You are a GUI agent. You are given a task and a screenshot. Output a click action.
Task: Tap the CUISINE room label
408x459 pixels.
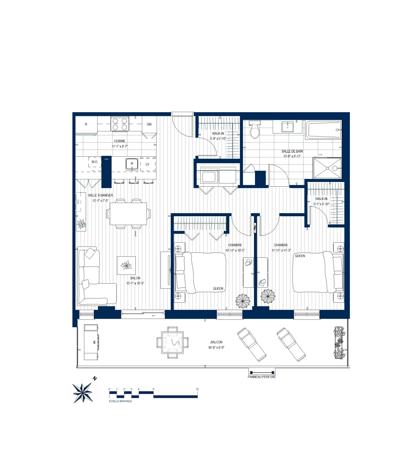[x=120, y=141]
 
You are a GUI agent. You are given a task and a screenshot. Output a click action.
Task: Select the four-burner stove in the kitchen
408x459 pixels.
[x=120, y=124]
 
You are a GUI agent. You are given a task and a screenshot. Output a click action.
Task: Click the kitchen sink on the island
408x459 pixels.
[x=132, y=164]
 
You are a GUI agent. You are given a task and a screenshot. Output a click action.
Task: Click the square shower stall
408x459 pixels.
[x=327, y=168]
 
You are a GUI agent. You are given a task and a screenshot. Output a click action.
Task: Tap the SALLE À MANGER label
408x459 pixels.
[x=100, y=195]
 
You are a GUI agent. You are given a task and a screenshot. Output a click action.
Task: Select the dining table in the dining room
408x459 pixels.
[x=128, y=214]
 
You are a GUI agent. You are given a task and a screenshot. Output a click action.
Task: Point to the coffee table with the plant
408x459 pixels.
[x=126, y=265]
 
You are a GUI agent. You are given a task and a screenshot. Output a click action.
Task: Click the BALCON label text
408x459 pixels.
[x=216, y=342]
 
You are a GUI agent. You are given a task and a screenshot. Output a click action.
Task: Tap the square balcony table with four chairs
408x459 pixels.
[x=172, y=342]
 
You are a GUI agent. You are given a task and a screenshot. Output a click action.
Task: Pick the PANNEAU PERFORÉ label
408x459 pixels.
[x=262, y=377]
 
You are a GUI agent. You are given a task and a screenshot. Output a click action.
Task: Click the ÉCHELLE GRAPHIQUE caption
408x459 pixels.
[x=120, y=401]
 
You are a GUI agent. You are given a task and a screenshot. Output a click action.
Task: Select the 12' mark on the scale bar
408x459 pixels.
[x=197, y=390]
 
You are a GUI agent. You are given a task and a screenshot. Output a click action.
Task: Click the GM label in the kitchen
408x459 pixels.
[x=149, y=124]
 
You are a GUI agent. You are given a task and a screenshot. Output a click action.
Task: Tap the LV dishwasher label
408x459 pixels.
[x=148, y=164]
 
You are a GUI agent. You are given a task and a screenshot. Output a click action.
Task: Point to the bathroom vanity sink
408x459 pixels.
[x=288, y=127]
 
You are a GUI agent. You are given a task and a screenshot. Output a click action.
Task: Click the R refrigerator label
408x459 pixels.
[x=86, y=124]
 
